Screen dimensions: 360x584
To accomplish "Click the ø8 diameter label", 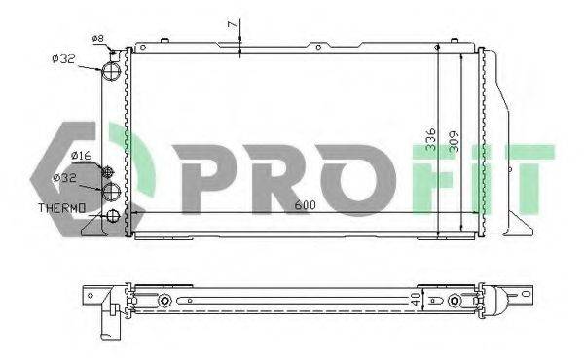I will coord(97,38).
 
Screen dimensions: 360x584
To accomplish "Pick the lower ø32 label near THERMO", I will coord(65,178).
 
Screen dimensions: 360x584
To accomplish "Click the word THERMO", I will coord(61,208).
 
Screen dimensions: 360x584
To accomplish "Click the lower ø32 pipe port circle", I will coord(114,191).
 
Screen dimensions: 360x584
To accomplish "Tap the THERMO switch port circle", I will coord(114,216).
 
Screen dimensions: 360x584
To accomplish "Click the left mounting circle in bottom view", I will coord(167,299).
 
